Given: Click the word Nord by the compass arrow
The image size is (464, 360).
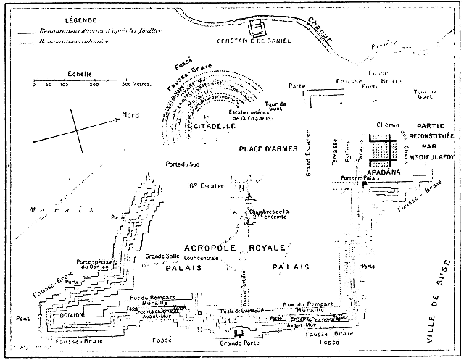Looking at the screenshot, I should click(x=130, y=116).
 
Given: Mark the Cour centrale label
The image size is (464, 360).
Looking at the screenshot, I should click(x=202, y=258).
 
